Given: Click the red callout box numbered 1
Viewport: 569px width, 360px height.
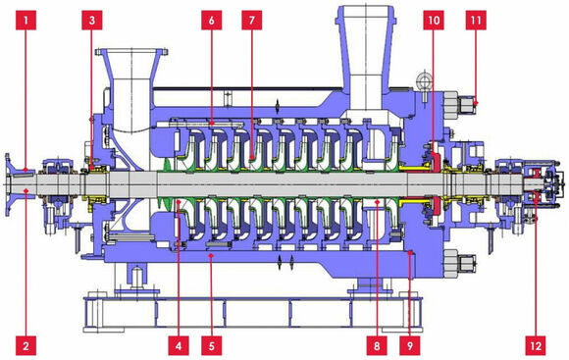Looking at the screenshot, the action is (26, 20).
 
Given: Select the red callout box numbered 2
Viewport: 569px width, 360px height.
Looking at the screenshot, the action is (26, 345).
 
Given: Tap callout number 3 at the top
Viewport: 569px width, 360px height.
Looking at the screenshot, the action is (92, 20).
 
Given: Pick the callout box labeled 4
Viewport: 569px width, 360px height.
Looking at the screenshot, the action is (179, 345).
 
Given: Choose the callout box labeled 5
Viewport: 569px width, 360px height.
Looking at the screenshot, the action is (212, 345).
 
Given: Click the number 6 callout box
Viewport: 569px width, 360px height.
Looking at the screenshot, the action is (212, 20).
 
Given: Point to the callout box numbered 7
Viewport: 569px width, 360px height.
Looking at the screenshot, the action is (252, 20).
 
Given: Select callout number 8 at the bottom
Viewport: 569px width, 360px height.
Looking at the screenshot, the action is (377, 345).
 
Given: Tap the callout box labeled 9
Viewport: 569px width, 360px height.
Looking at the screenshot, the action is (410, 345).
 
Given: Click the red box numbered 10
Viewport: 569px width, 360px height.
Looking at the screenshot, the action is (434, 20).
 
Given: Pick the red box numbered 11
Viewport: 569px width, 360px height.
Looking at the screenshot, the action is (476, 20).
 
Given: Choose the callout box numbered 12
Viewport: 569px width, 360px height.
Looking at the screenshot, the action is (536, 345).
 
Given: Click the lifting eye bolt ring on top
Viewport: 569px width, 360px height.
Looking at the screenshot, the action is (424, 79).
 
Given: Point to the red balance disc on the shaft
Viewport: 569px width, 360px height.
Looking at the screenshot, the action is (436, 181).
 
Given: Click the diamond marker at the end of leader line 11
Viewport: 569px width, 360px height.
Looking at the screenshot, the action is (476, 103).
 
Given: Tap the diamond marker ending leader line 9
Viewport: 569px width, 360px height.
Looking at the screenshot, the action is (410, 253).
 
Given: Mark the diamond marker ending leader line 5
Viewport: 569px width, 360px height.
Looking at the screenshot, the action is (212, 256).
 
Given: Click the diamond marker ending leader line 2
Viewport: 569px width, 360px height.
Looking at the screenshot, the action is (26, 189).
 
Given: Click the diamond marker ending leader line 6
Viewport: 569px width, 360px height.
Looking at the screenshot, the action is (212, 124).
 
